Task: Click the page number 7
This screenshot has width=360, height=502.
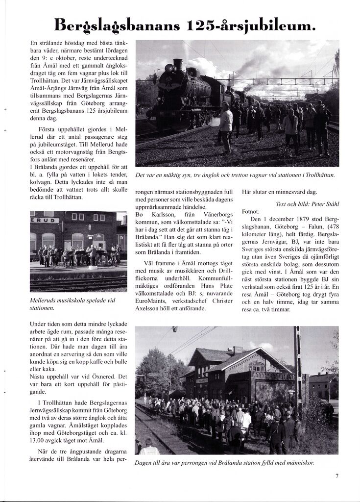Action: coord(337,475)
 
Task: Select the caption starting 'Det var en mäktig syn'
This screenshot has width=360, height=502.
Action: coord(235,176)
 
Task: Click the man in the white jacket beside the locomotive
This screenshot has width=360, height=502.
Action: coord(226,125)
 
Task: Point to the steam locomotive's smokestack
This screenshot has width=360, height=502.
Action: coord(178,64)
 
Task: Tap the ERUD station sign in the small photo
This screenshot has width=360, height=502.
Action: coord(45,220)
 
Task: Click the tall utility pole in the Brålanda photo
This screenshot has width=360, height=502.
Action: coord(297,373)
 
